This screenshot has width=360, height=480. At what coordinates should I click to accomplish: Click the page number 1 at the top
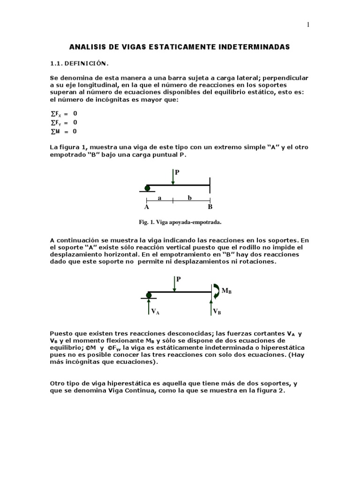[x=308, y=25]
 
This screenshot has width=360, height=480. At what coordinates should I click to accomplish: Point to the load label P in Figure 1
[x=177, y=172]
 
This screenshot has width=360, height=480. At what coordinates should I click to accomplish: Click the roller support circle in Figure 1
[x=147, y=188]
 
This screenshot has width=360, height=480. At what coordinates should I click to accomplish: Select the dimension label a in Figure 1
[x=159, y=198]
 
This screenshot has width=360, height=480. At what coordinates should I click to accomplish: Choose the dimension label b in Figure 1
[x=190, y=198]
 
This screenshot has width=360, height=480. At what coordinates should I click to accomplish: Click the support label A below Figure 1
[x=147, y=207]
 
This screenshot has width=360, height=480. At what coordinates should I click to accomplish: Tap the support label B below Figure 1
[x=210, y=207]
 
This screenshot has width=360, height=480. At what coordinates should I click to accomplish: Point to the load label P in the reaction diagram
[x=179, y=279]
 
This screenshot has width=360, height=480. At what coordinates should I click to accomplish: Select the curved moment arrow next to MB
[x=216, y=291]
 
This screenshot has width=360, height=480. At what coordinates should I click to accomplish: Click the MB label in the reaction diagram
[x=226, y=291]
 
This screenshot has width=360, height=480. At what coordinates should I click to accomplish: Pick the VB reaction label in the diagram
[x=217, y=311]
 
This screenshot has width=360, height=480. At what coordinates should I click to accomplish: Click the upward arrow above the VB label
[x=210, y=303]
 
